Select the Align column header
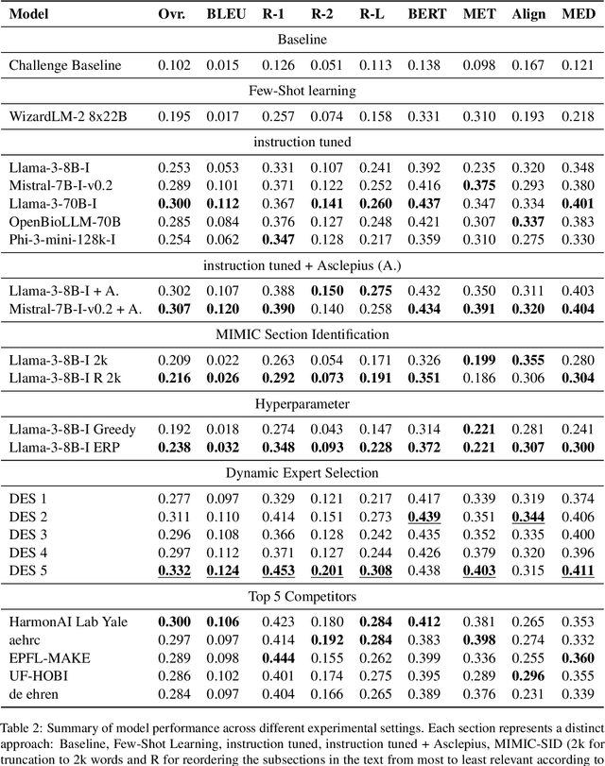[x=527, y=15]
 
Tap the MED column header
[x=578, y=15]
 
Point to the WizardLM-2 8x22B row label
[x=64, y=115]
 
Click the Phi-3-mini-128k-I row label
[x=62, y=240]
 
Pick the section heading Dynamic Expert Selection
[x=302, y=472]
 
